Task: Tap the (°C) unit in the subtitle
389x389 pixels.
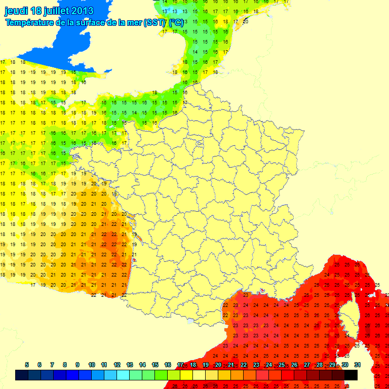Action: pos(176,22)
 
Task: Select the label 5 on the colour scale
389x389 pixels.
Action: pos(26,365)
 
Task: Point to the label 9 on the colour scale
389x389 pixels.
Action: pos(77,365)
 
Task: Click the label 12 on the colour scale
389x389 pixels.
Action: pos(117,365)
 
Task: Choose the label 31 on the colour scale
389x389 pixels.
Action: pos(357,365)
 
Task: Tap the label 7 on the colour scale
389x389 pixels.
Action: pos(52,365)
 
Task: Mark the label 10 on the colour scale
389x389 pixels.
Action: pos(92,365)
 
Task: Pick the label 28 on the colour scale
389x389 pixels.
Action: pos(320,365)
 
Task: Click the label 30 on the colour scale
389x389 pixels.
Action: pos(345,365)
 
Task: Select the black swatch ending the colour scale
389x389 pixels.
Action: pos(351,375)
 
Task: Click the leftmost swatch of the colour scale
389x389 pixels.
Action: pos(21,375)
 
